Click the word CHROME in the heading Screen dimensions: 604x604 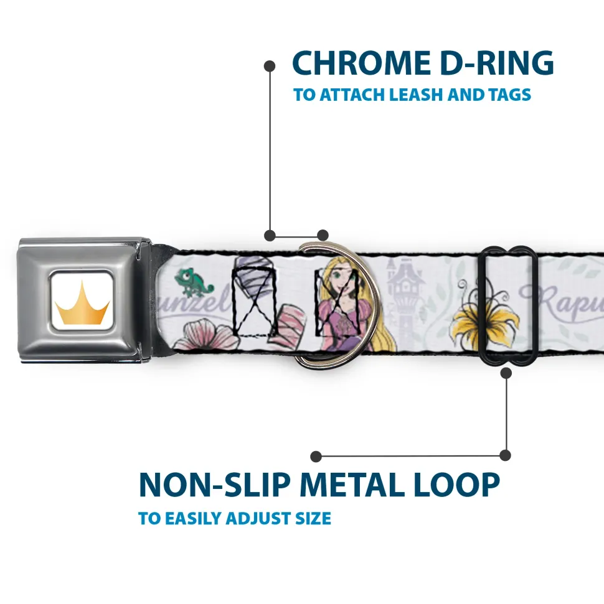point(354,63)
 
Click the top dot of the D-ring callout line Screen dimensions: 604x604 point(270,65)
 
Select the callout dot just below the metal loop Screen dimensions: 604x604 point(506,373)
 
